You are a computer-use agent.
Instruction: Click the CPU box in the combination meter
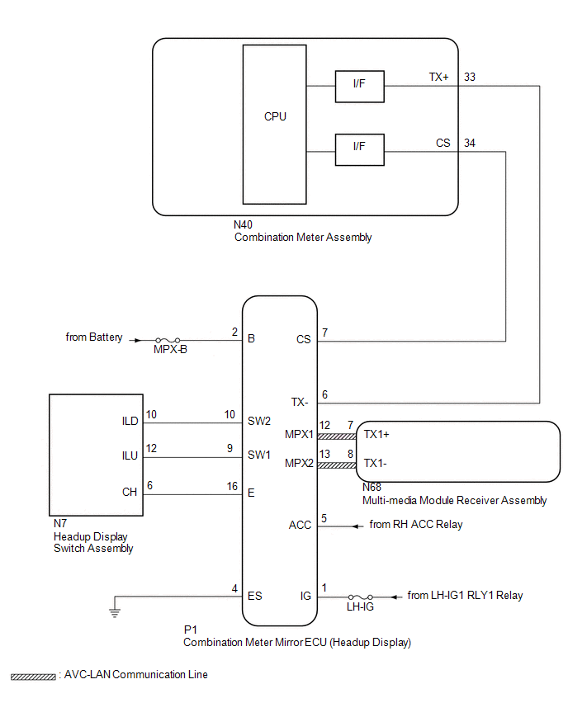[274, 125]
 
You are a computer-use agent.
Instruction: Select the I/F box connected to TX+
[359, 86]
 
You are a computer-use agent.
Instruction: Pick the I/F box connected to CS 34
[359, 149]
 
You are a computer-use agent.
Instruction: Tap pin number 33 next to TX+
[469, 77]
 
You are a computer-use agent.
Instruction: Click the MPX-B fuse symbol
[168, 341]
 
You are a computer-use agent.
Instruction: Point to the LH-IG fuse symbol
[361, 597]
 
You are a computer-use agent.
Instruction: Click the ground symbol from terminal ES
[115, 612]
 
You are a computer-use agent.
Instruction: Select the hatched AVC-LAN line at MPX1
[337, 436]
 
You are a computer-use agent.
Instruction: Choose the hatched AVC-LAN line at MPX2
[337, 465]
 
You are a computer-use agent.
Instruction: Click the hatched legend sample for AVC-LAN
[33, 677]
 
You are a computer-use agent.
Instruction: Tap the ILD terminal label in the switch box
[130, 421]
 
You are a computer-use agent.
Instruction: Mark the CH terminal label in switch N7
[130, 492]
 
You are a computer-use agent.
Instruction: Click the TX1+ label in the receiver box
[376, 435]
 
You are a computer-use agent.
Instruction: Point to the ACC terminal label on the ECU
[300, 525]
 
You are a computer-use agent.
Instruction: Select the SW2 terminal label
[259, 421]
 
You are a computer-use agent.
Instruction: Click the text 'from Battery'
[94, 337]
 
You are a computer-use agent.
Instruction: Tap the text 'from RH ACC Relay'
[416, 524]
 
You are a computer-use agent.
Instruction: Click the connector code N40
[243, 224]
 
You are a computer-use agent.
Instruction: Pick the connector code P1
[190, 630]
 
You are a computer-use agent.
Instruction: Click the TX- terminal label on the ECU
[299, 402]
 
